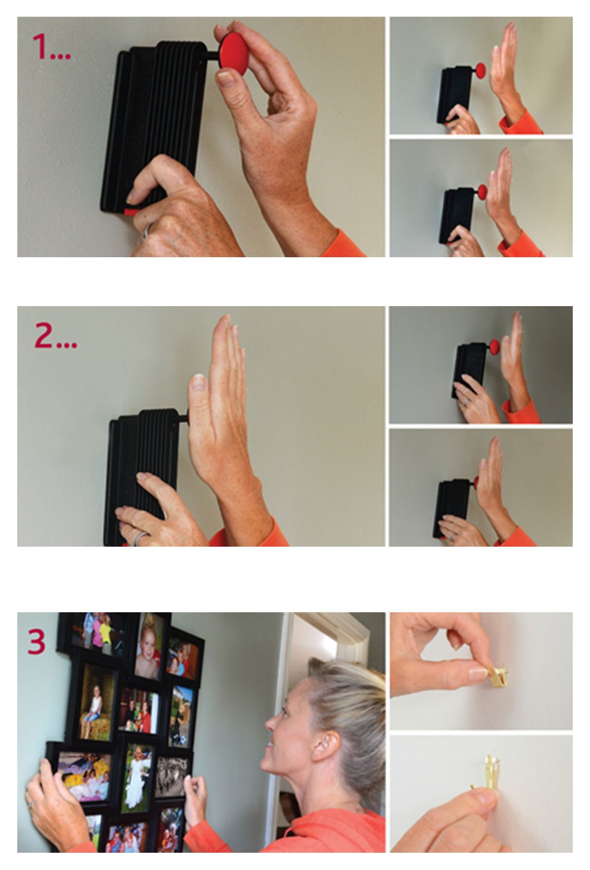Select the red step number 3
(37, 642)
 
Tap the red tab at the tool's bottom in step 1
(131, 212)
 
